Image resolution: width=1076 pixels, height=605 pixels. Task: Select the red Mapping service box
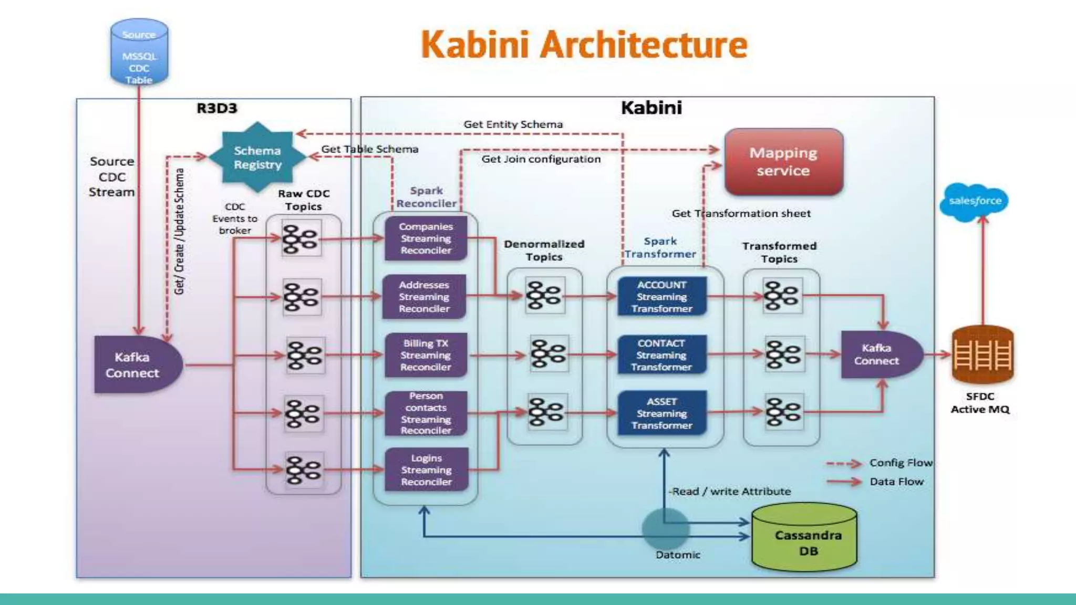point(783,162)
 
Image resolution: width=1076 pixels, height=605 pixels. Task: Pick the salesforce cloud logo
point(975,202)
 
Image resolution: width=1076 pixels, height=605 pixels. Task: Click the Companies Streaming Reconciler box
point(426,238)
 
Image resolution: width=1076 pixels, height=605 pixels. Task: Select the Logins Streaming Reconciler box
point(426,470)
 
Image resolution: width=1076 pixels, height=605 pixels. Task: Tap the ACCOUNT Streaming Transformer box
point(662,297)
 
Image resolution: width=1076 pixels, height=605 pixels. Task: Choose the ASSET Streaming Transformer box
point(662,413)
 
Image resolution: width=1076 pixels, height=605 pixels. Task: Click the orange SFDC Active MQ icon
point(982,354)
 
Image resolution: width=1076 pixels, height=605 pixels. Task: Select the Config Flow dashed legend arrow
point(844,464)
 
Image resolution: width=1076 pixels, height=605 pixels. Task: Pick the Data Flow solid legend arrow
point(844,482)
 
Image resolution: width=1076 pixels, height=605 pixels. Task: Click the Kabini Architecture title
point(584,45)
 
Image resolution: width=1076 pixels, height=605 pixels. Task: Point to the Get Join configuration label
point(541,159)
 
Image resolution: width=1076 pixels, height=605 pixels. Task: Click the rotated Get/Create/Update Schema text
point(180,231)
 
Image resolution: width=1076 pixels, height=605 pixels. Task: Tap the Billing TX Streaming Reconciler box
point(426,355)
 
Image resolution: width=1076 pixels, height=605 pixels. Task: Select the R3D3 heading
point(217,109)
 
